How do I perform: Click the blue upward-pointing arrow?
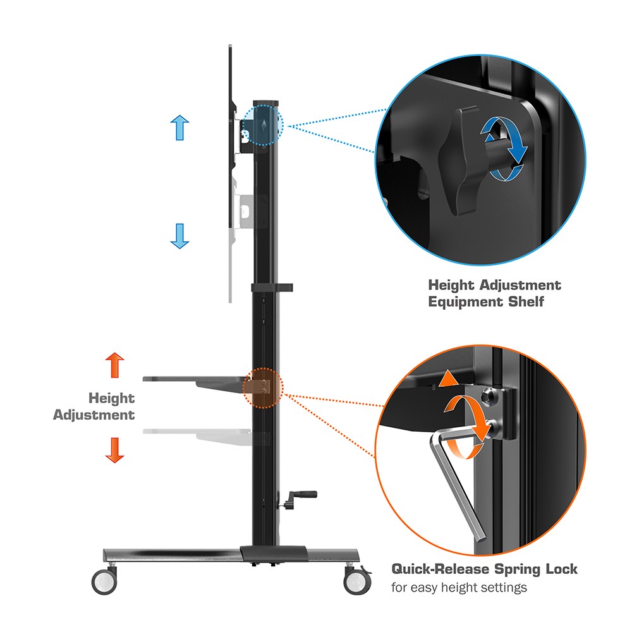[x=179, y=128]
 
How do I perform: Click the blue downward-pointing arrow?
[x=179, y=236]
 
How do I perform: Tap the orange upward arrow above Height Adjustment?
[x=115, y=365]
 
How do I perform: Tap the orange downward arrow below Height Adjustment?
[x=115, y=450]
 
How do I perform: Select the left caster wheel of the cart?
[x=104, y=581]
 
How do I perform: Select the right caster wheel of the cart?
[x=357, y=581]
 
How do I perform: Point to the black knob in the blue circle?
[x=459, y=161]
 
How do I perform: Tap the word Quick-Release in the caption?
[x=441, y=569]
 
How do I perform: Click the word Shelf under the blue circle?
[x=526, y=301]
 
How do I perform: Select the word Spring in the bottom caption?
[x=518, y=569]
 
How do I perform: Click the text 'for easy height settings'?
[x=459, y=587]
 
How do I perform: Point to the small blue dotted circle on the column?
[x=263, y=125]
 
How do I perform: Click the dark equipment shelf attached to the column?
[x=197, y=383]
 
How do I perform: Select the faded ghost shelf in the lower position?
[x=197, y=436]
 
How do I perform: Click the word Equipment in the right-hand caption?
[x=466, y=302]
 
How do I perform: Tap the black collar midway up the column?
[x=272, y=288]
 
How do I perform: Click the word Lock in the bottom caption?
[x=561, y=569]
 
